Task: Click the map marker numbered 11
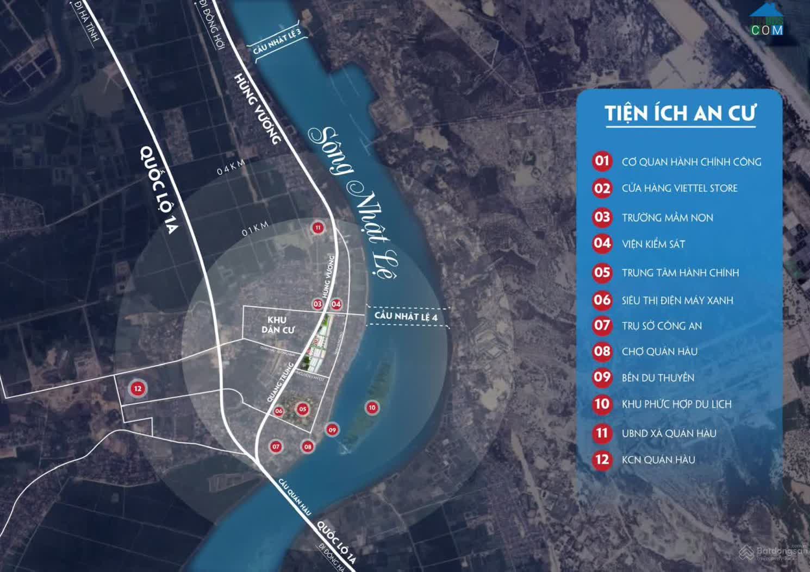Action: (317, 228)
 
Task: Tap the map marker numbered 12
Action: (138, 388)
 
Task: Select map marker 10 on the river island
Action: (372, 407)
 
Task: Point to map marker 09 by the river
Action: (332, 430)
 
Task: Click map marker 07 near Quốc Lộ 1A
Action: (276, 447)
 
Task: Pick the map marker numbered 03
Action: (317, 304)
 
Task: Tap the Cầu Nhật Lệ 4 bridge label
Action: (406, 316)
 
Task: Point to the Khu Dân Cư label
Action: (277, 324)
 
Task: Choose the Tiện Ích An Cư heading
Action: (680, 114)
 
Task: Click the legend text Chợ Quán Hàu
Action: (659, 351)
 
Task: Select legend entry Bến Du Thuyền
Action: (658, 378)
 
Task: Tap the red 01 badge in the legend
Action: (602, 161)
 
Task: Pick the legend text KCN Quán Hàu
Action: (658, 460)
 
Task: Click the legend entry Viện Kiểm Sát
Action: (653, 244)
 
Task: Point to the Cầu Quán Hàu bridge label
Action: (295, 497)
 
